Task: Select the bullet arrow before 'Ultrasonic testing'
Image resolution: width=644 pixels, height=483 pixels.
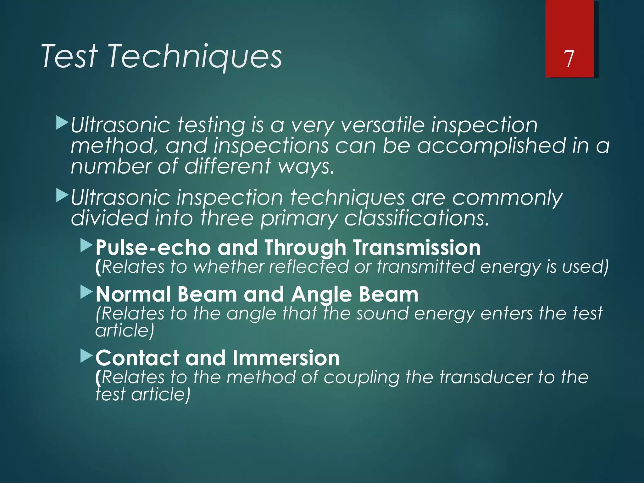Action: pos(62,123)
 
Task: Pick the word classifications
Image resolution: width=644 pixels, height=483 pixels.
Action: pos(417,218)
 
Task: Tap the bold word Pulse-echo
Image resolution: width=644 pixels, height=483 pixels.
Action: pos(153,247)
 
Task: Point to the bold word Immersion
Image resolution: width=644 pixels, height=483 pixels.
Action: pos(286,358)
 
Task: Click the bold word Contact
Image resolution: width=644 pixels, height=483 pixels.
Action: pos(137,358)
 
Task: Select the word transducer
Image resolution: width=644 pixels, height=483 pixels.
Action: pos(485,377)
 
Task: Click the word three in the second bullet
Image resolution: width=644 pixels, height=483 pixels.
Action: pos(227,218)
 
